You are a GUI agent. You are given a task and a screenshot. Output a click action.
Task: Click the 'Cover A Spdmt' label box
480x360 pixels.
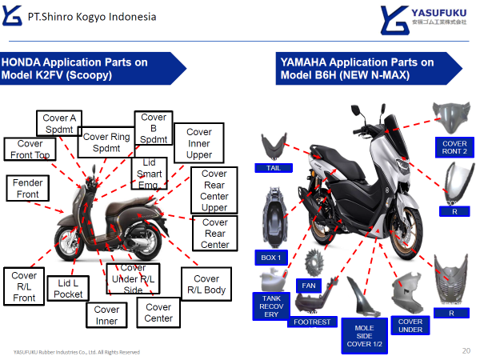(59, 124)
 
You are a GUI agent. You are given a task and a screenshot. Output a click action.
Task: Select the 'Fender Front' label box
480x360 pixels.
(28, 189)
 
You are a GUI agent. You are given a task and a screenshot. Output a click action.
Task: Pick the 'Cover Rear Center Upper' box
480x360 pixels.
(214, 190)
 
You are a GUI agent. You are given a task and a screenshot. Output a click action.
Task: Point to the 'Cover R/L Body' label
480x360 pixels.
(206, 284)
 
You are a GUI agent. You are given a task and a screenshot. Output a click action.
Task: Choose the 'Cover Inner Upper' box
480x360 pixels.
(199, 142)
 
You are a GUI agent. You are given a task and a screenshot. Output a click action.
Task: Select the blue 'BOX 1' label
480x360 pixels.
(271, 258)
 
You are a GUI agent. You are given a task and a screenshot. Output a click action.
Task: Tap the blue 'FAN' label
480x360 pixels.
(308, 285)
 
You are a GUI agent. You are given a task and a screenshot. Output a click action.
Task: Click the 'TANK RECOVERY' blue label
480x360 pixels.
(271, 306)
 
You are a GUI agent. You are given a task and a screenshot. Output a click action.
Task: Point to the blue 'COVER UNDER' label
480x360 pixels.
(410, 326)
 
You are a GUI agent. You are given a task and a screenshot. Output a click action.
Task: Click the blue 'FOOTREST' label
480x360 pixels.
(311, 322)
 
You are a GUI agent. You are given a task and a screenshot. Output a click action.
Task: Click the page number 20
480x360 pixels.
(466, 350)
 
